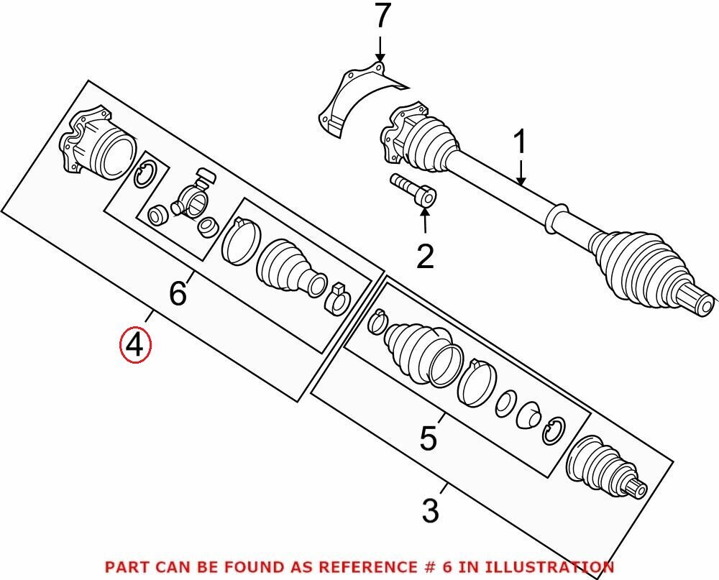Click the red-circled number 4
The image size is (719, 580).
136,345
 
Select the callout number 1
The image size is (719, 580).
519,144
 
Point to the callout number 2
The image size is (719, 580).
425,255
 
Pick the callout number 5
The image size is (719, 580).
428,438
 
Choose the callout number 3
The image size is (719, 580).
430,511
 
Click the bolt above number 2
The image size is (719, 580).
413,189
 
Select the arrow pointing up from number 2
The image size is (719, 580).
425,223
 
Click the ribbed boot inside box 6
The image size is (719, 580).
288,266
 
